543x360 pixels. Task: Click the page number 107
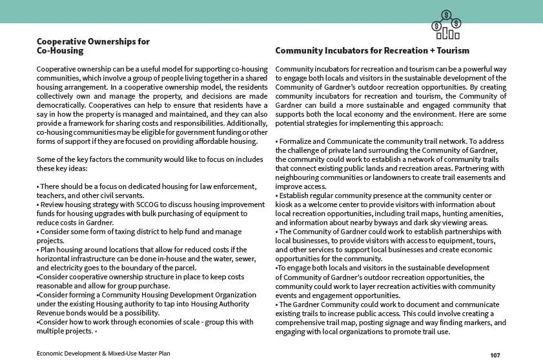[x=495, y=355]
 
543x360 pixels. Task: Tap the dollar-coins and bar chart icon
[x=446, y=25]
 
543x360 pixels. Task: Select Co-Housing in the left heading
[x=60, y=50]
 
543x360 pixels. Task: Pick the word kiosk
[x=286, y=205]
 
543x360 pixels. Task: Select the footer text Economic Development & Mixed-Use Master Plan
[x=103, y=354]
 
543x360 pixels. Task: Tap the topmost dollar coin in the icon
[x=446, y=14]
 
